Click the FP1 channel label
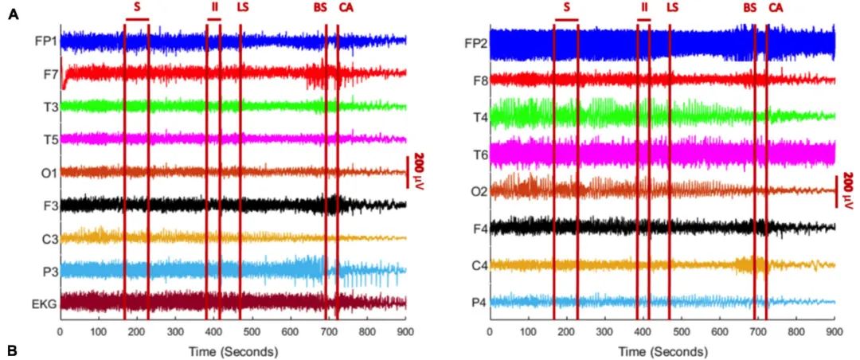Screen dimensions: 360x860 pyautogui.click(x=45, y=39)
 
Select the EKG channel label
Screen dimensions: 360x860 pyautogui.click(x=43, y=303)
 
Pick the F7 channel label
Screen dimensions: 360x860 pyautogui.click(x=48, y=72)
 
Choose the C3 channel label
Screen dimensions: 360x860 pyautogui.click(x=47, y=237)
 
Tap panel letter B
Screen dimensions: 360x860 pyautogui.click(x=13, y=350)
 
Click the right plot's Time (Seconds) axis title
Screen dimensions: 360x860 pyautogui.click(x=663, y=350)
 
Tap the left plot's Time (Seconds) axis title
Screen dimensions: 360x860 pyautogui.click(x=233, y=350)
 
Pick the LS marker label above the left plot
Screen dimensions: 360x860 pyautogui.click(x=242, y=7)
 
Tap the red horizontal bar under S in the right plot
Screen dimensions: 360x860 pyautogui.click(x=566, y=19)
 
